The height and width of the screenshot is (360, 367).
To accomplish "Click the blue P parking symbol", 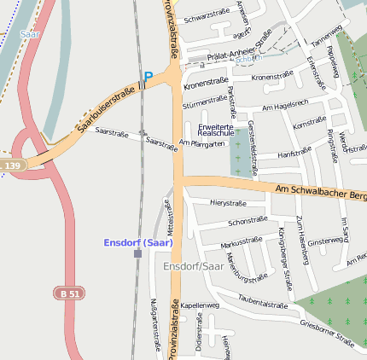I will pyautogui.click(x=148, y=78).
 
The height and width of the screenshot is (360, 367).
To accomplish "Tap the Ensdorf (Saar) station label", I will pyautogui.click(x=138, y=242).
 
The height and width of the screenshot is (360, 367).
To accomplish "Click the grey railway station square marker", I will pyautogui.click(x=137, y=253).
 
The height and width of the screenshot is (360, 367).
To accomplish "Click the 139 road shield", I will pyautogui.click(x=12, y=165).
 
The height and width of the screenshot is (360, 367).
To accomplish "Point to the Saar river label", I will pyautogui.click(x=30, y=34).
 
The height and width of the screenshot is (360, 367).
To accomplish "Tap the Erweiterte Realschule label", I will pyautogui.click(x=216, y=130).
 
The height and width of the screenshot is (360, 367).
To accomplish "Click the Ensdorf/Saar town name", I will pyautogui.click(x=192, y=266).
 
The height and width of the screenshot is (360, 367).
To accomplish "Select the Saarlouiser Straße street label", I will pyautogui.click(x=106, y=110).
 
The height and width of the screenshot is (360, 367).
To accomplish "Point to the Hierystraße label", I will pyautogui.click(x=228, y=203).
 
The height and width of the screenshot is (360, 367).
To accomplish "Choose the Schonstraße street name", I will pyautogui.click(x=248, y=221).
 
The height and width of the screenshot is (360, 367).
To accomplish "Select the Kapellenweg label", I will pyautogui.click(x=201, y=305).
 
